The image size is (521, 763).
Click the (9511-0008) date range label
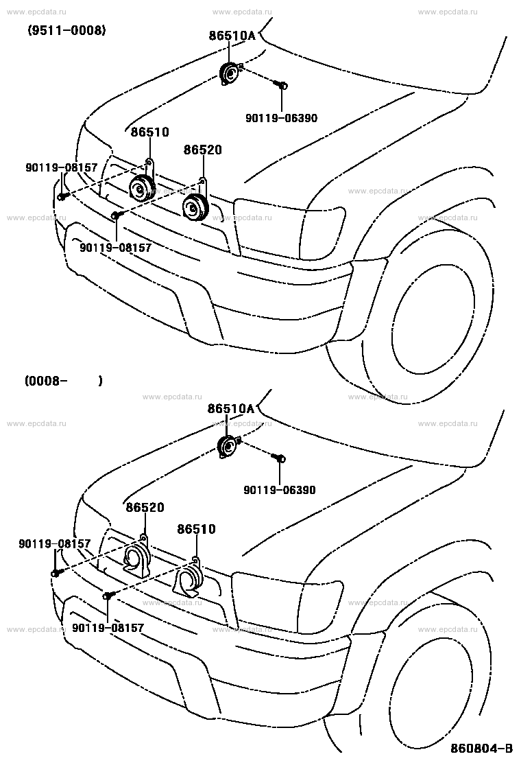click(66, 31)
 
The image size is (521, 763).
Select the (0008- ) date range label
click(64, 381)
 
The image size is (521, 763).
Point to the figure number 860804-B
click(481, 748)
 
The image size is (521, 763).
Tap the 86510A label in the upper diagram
click(232, 35)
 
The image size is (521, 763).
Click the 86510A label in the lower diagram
click(231, 408)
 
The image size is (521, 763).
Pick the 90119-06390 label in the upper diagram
click(281, 118)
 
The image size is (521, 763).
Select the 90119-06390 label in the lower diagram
click(280, 490)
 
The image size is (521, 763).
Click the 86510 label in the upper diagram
click(149, 132)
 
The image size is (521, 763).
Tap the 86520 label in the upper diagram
click(203, 150)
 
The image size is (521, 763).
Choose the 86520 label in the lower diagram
click(145, 507)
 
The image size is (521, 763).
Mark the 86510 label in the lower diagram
click(196, 528)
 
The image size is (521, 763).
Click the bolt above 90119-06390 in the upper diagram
click(281, 85)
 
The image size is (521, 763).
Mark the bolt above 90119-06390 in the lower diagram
click(280, 458)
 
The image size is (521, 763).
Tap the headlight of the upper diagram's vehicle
click(290, 226)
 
